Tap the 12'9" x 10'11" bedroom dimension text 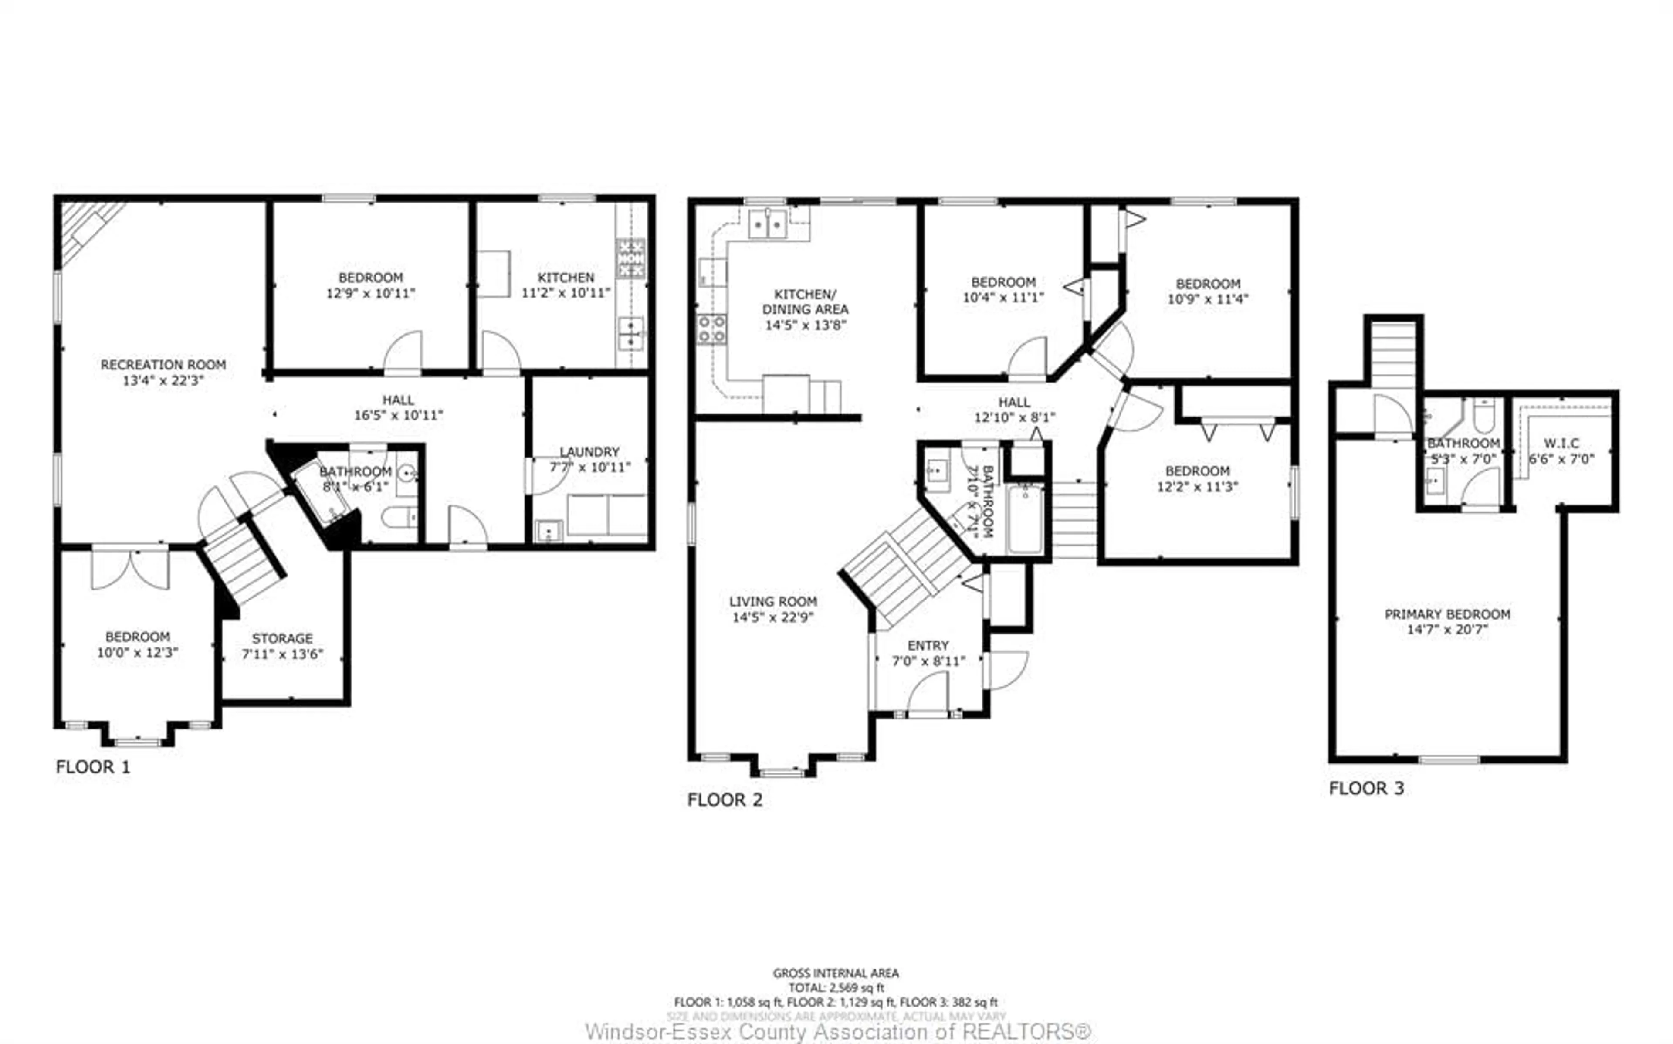[x=371, y=293]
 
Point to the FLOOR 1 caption [x=92, y=766]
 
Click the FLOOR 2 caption [x=725, y=800]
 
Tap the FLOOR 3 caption [x=1366, y=788]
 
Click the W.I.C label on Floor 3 [x=1561, y=443]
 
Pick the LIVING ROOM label [x=773, y=601]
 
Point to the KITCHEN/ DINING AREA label [x=805, y=302]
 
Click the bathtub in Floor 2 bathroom [x=1025, y=519]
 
